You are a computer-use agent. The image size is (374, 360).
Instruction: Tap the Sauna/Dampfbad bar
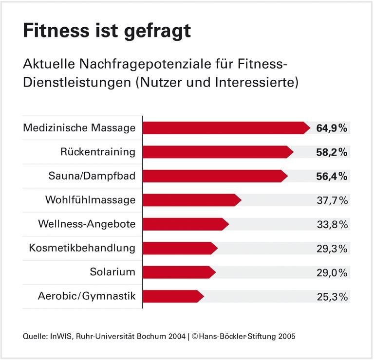pyautogui.click(x=215, y=176)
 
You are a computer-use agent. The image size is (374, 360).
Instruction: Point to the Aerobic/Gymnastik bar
pyautogui.click(x=173, y=296)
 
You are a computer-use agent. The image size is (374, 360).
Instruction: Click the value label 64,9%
pyautogui.click(x=332, y=128)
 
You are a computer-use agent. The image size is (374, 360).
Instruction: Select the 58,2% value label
pyautogui.click(x=332, y=152)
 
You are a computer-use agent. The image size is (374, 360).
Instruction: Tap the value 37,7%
pyautogui.click(x=332, y=200)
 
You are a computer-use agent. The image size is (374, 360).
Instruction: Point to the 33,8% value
pyautogui.click(x=332, y=224)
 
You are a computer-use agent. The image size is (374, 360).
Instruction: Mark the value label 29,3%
pyautogui.click(x=332, y=248)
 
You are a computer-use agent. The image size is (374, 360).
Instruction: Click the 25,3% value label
pyautogui.click(x=332, y=296)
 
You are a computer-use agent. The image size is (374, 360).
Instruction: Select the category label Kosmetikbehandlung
pyautogui.click(x=82, y=248)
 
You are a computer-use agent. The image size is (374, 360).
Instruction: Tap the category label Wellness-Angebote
pyautogui.click(x=87, y=224)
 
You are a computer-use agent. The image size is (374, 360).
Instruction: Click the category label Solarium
pyautogui.click(x=112, y=272)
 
